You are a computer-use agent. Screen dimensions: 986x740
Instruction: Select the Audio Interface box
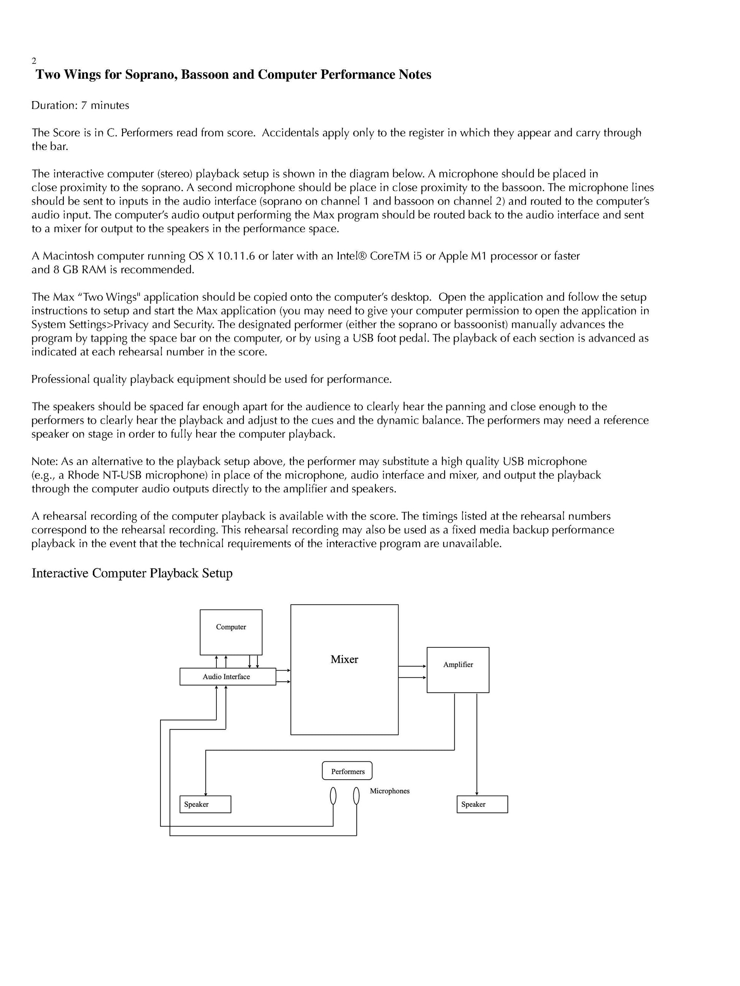(227, 677)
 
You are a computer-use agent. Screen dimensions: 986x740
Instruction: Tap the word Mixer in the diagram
(344, 659)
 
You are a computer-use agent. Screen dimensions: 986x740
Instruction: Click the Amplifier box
(457, 669)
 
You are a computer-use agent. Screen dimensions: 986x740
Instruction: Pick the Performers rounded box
(347, 771)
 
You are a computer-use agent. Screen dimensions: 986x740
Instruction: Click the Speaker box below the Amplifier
(482, 804)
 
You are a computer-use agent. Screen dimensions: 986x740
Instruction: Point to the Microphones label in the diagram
(389, 791)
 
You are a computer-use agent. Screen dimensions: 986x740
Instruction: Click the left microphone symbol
(333, 796)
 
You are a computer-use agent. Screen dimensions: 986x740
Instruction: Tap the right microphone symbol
(356, 796)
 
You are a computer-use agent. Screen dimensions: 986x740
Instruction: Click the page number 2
(34, 61)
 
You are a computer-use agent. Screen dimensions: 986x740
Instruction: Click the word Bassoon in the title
(205, 74)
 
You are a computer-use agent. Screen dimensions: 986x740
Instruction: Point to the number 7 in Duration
(83, 106)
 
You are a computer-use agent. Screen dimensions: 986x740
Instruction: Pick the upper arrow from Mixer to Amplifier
(412, 666)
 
